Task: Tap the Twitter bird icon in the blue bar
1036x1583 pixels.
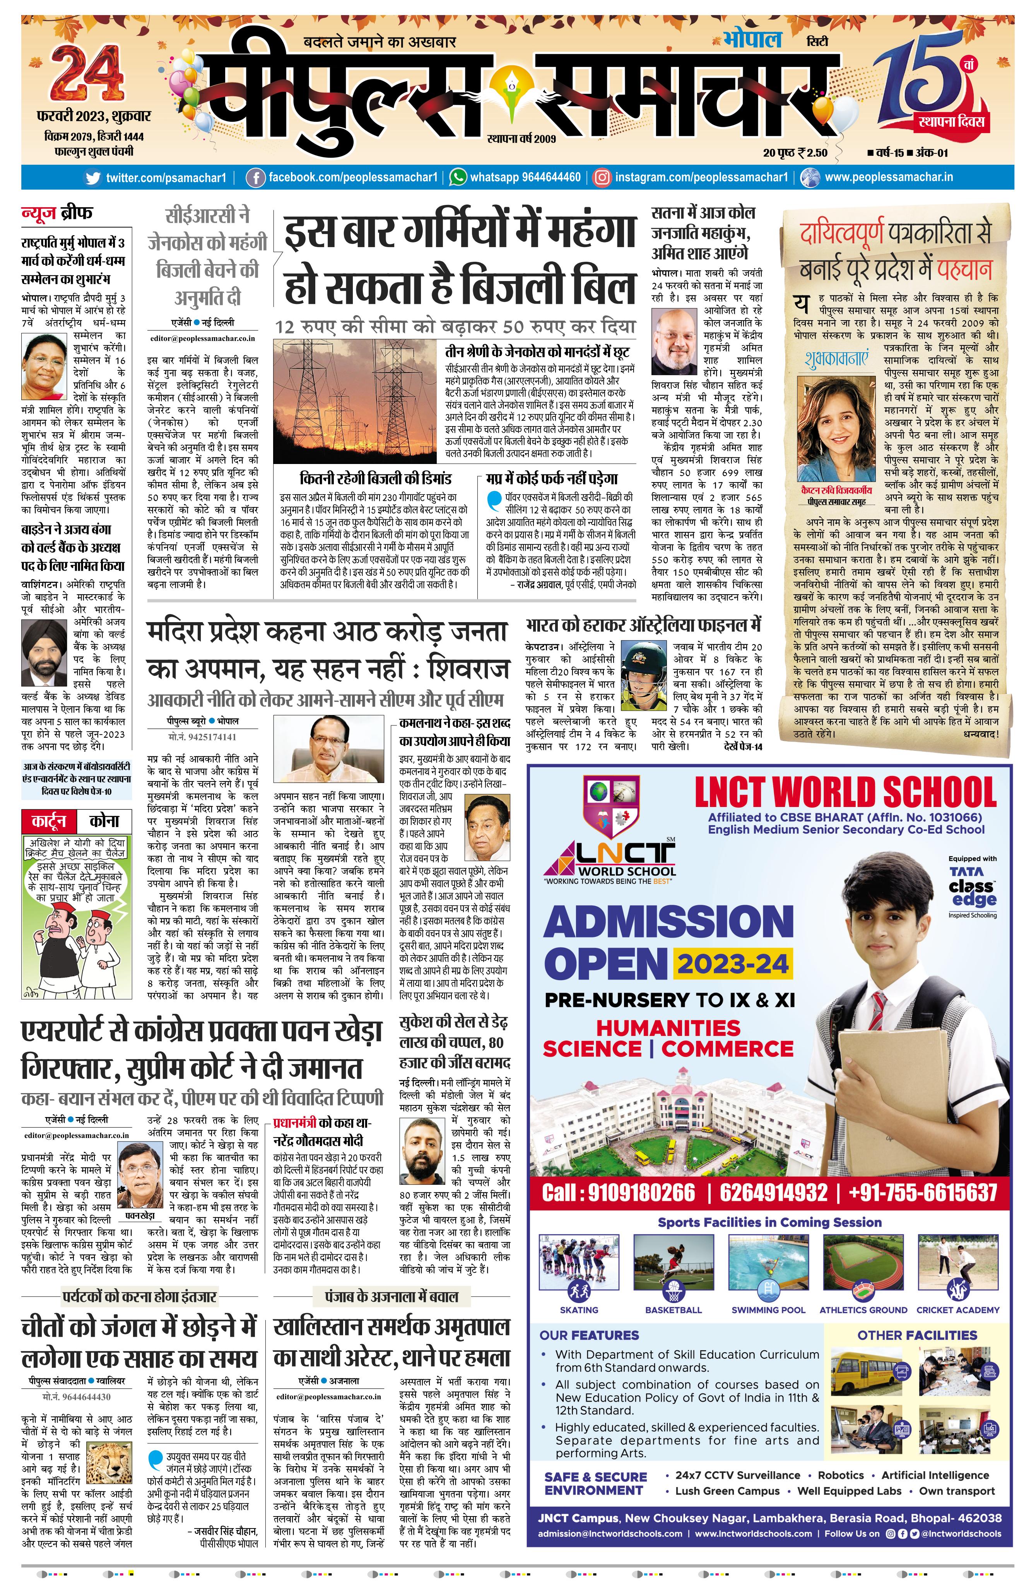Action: (x=94, y=177)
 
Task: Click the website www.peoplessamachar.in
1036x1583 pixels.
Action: (x=888, y=177)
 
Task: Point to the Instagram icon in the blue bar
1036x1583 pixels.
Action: (x=602, y=177)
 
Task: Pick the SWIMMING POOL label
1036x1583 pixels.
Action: (x=768, y=1310)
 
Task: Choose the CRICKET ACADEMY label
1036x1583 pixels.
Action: (x=957, y=1310)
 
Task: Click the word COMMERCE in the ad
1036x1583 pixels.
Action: (x=727, y=1049)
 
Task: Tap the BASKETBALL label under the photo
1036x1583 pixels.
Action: (x=674, y=1310)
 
